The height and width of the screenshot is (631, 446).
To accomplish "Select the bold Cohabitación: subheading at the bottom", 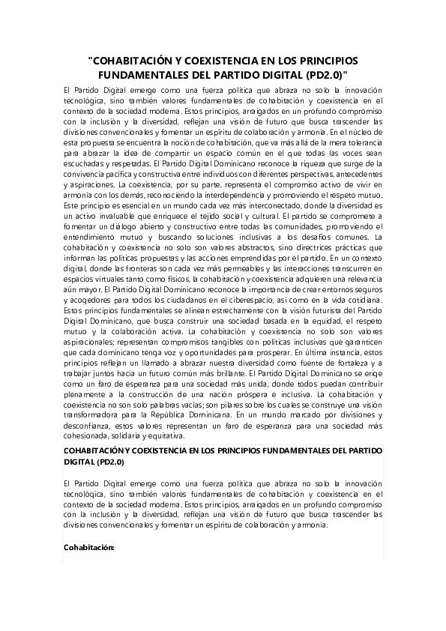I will click(x=89, y=548).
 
